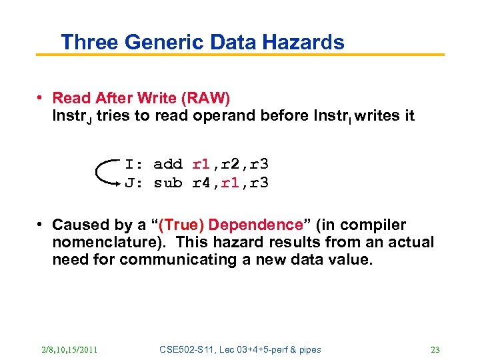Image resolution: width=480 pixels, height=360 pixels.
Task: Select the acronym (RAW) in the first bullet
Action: [x=205, y=99]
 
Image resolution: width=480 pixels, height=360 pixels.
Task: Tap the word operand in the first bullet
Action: [x=221, y=116]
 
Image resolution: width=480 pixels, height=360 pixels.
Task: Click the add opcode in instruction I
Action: [x=167, y=164]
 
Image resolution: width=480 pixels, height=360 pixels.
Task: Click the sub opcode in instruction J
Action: [x=167, y=183]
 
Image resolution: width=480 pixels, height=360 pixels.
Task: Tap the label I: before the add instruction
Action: [x=133, y=164]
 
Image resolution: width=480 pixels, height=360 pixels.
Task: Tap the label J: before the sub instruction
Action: [x=133, y=183]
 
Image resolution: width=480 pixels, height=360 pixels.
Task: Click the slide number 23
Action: [x=435, y=350]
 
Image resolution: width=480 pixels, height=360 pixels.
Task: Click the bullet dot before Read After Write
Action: [x=41, y=99]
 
